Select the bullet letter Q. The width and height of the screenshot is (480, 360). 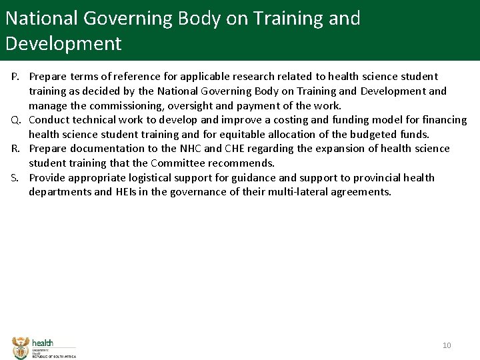(16, 120)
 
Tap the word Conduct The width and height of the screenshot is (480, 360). (51, 120)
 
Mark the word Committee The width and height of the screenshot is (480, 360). (178, 163)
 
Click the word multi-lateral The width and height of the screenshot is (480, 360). (309, 192)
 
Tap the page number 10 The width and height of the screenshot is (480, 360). (447, 345)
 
